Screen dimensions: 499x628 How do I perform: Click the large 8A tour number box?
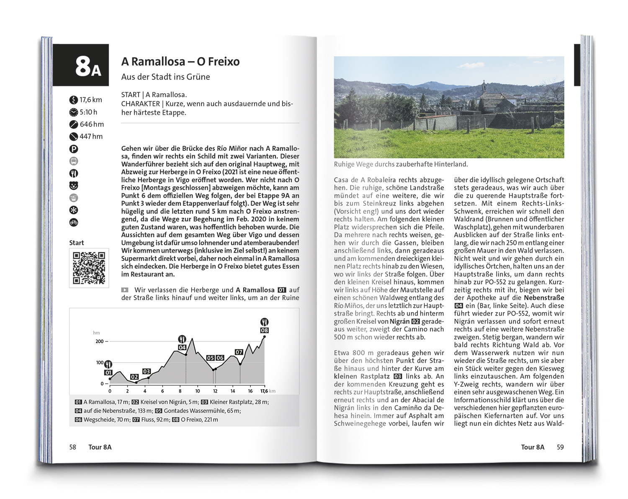tap(81, 66)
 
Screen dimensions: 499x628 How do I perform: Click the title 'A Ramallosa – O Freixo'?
tap(180, 62)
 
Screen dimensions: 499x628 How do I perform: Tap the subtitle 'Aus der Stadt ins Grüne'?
tap(165, 77)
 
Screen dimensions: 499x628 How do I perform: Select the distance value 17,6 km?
tap(90, 100)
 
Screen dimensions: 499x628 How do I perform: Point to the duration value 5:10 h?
tap(88, 112)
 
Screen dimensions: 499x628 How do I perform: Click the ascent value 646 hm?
tap(92, 124)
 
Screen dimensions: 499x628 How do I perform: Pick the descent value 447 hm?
tap(91, 136)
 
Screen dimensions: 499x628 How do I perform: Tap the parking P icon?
tap(74, 149)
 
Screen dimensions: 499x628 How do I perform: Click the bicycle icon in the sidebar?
tap(74, 222)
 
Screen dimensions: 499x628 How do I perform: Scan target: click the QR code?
tap(89, 268)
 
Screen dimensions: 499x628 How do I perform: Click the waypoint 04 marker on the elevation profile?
tap(182, 347)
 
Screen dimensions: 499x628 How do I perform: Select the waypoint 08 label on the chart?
tap(264, 330)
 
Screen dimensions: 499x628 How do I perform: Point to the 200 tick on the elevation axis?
tap(99, 341)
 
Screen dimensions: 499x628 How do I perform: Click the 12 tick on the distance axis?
tap(215, 391)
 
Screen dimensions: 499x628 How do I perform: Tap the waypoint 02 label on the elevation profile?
tap(134, 377)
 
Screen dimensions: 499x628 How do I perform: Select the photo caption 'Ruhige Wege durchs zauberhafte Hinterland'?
tap(401, 165)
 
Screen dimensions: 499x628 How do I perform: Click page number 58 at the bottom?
tap(73, 447)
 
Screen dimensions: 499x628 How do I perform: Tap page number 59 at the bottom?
tap(560, 447)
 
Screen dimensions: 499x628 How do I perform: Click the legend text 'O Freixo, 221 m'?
tap(199, 419)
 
